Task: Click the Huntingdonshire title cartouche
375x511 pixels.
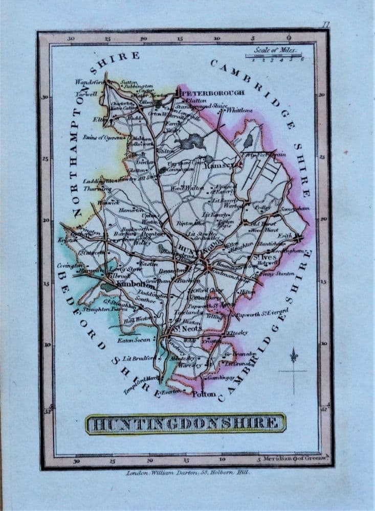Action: [x=186, y=423]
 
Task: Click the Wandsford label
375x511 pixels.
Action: [x=90, y=82]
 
